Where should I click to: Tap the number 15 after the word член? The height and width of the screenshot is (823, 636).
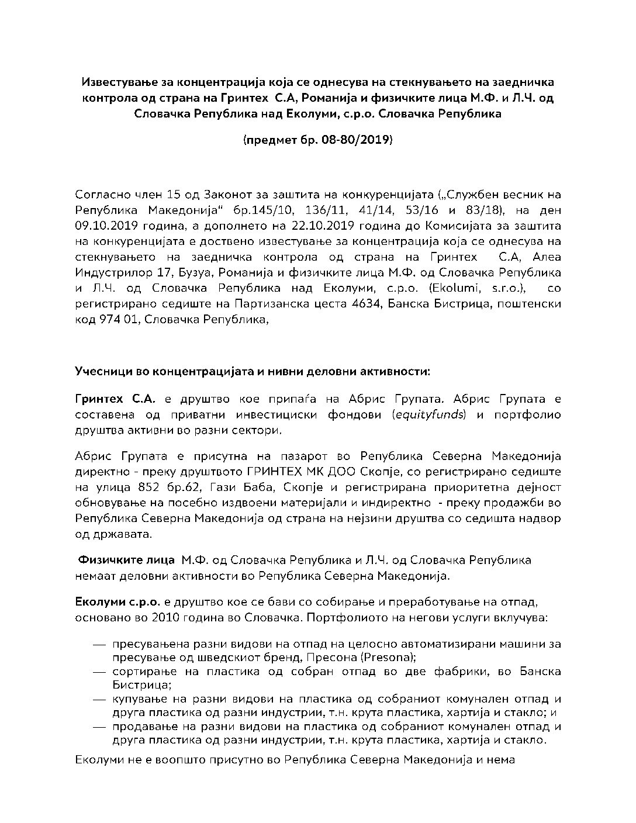149,194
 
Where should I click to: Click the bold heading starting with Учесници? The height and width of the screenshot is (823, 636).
252,371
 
